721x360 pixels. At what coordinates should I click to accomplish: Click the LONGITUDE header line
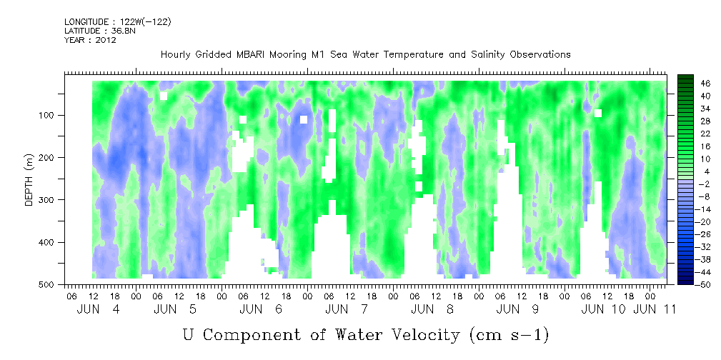pos(118,21)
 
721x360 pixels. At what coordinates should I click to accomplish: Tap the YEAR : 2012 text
pos(90,40)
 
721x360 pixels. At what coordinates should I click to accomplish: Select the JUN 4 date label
pos(99,310)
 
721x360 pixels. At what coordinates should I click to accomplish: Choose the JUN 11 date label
pos(655,310)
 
